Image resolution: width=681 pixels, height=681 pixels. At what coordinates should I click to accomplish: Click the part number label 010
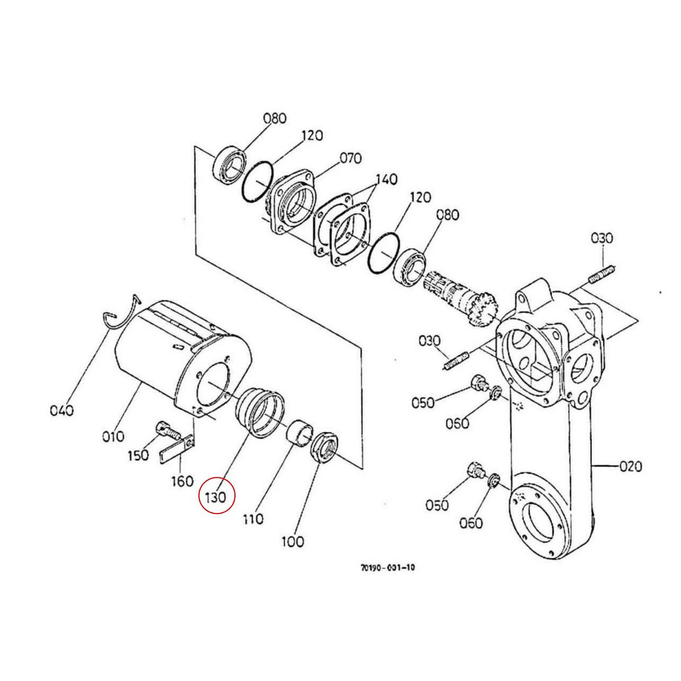click(x=113, y=436)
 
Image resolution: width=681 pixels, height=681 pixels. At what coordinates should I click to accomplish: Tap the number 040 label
click(x=61, y=410)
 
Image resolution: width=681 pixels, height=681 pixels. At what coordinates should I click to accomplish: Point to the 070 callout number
click(x=350, y=158)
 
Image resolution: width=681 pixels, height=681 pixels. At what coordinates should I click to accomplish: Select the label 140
click(x=386, y=179)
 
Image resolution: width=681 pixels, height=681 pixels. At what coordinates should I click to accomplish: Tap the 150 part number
click(x=138, y=455)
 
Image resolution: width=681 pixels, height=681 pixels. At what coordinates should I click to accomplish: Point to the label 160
click(x=182, y=481)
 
